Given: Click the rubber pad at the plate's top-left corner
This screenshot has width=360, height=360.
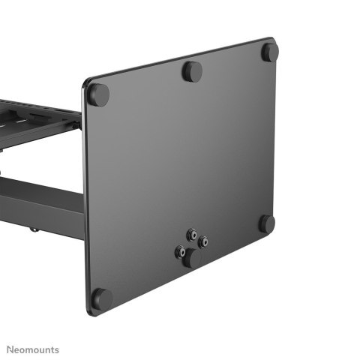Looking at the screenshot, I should coord(98,94).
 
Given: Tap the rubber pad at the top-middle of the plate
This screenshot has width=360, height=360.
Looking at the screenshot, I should coord(193,72).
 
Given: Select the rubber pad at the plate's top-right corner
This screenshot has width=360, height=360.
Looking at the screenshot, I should coord(270,52).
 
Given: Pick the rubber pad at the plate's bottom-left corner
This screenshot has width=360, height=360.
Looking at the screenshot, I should coord(103,298).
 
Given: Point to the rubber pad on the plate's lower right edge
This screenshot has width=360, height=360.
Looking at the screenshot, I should coord(267,223).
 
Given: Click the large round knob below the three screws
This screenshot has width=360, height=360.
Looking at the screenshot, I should coord(191,258).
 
